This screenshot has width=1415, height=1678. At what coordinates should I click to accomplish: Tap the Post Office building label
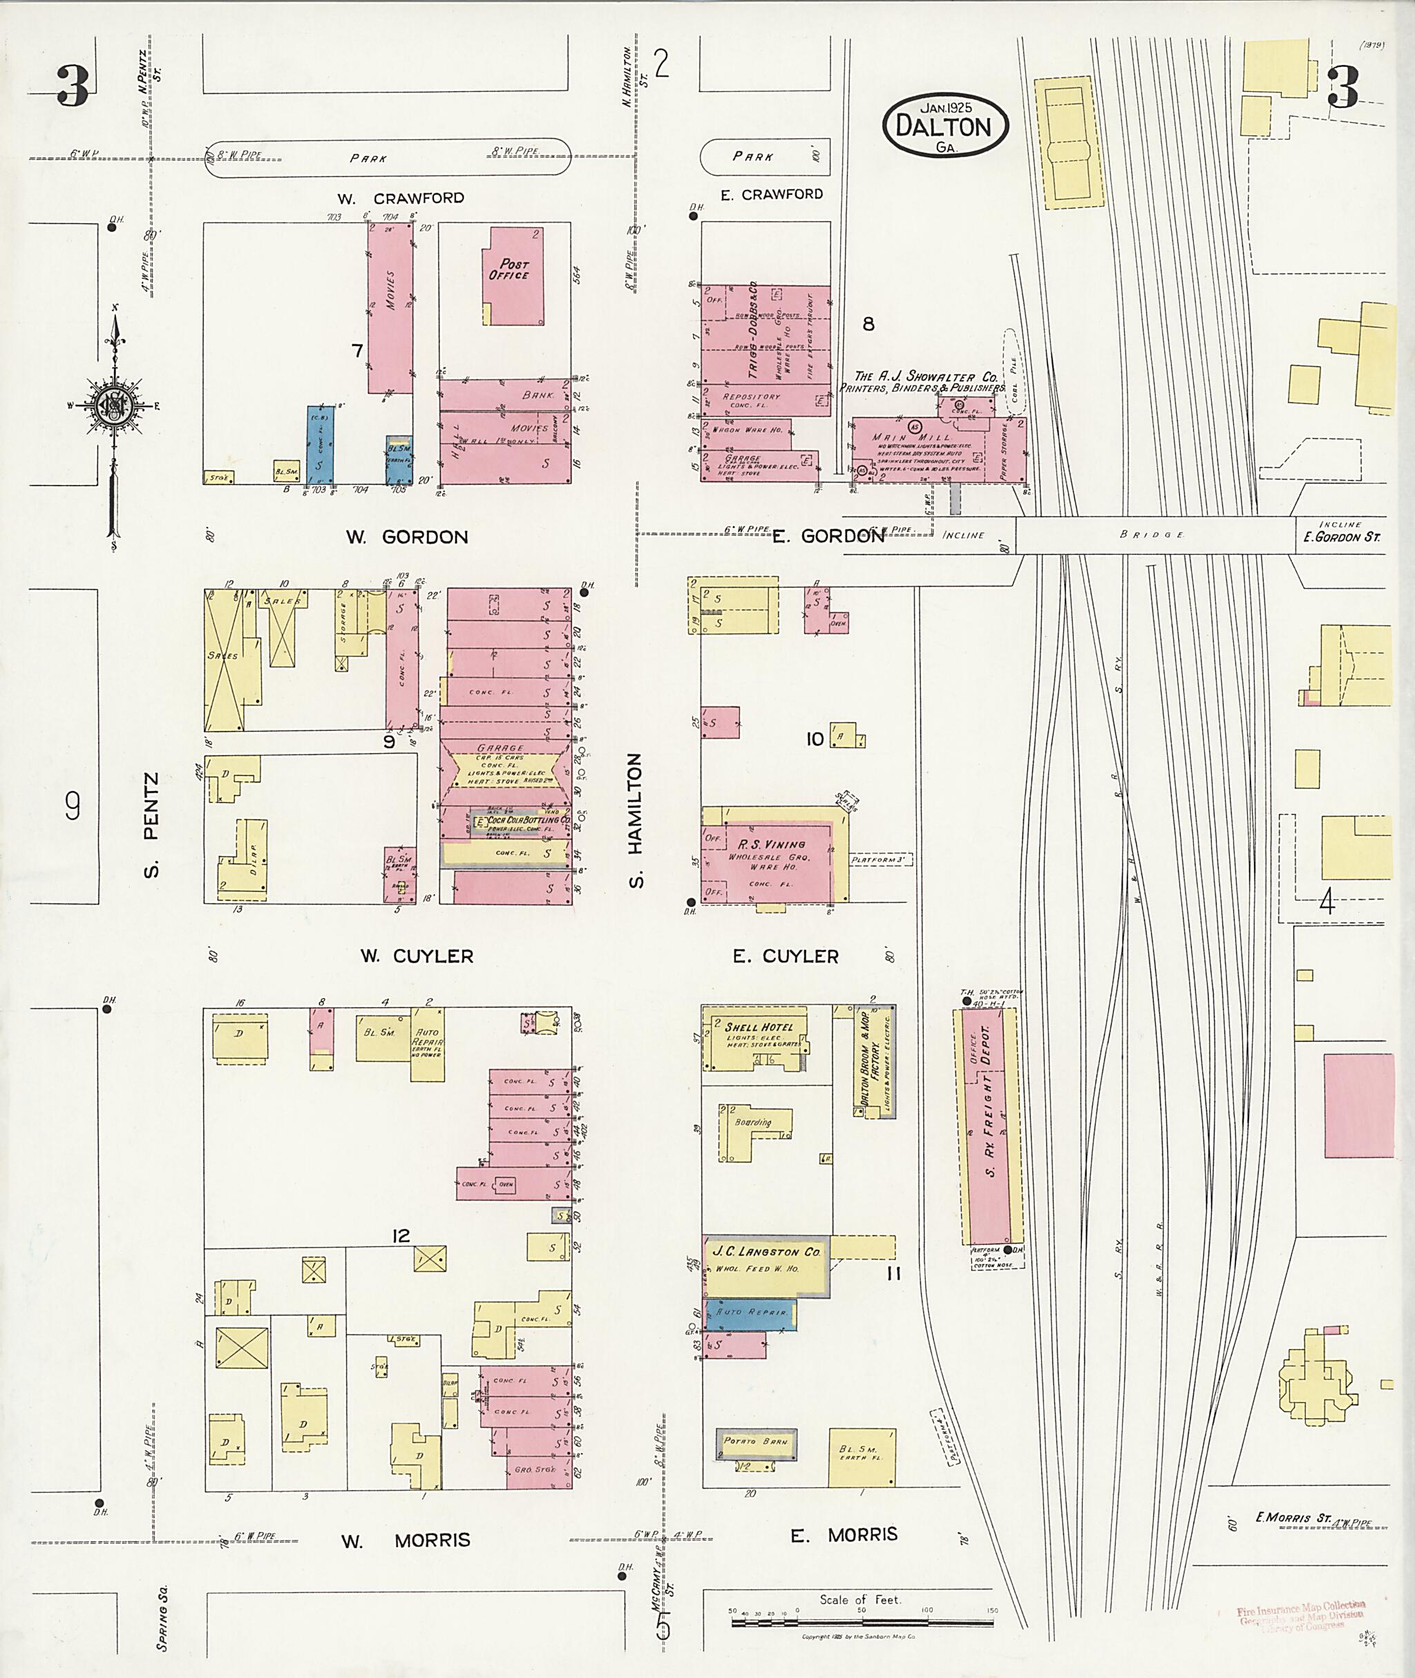(509, 269)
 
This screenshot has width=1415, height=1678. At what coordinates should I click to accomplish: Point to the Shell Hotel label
(758, 1027)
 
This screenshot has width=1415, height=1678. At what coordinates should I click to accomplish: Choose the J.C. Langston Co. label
(766, 1251)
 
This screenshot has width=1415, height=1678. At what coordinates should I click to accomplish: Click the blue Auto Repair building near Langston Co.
(750, 1313)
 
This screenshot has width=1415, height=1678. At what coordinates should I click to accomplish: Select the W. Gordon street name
(407, 537)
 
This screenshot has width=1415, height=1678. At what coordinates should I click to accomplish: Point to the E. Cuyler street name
(786, 956)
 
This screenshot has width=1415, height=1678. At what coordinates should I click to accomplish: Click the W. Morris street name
(405, 1540)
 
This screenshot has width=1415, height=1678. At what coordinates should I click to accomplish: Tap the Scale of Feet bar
(862, 1623)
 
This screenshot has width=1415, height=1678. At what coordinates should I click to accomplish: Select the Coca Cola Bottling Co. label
(527, 821)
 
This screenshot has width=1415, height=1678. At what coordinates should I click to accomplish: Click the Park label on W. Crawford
(369, 159)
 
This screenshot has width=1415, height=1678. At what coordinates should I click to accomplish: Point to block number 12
(400, 1236)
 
